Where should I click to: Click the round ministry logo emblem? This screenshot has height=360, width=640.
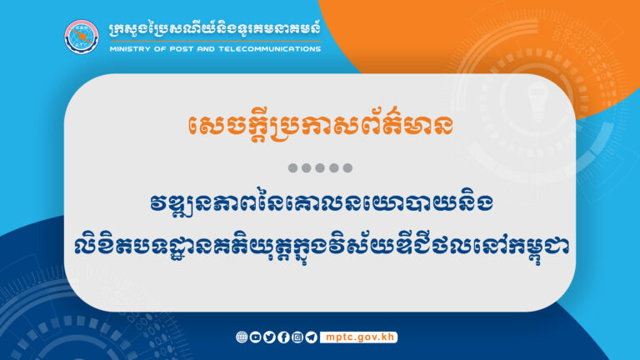82,36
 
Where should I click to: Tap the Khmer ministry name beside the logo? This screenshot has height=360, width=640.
213,30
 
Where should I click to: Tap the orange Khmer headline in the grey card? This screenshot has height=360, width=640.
320,127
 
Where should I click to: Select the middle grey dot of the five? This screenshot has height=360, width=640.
320,168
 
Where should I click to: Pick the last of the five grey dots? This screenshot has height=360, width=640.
347,168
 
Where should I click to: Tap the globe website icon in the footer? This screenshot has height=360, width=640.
242,337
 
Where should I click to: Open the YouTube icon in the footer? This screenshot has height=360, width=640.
255,337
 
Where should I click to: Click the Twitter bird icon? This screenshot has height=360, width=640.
269,337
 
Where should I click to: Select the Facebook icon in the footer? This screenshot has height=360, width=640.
283,337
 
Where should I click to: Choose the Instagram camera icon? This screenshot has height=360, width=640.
297,337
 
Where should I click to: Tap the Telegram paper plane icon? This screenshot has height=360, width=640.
312,337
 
